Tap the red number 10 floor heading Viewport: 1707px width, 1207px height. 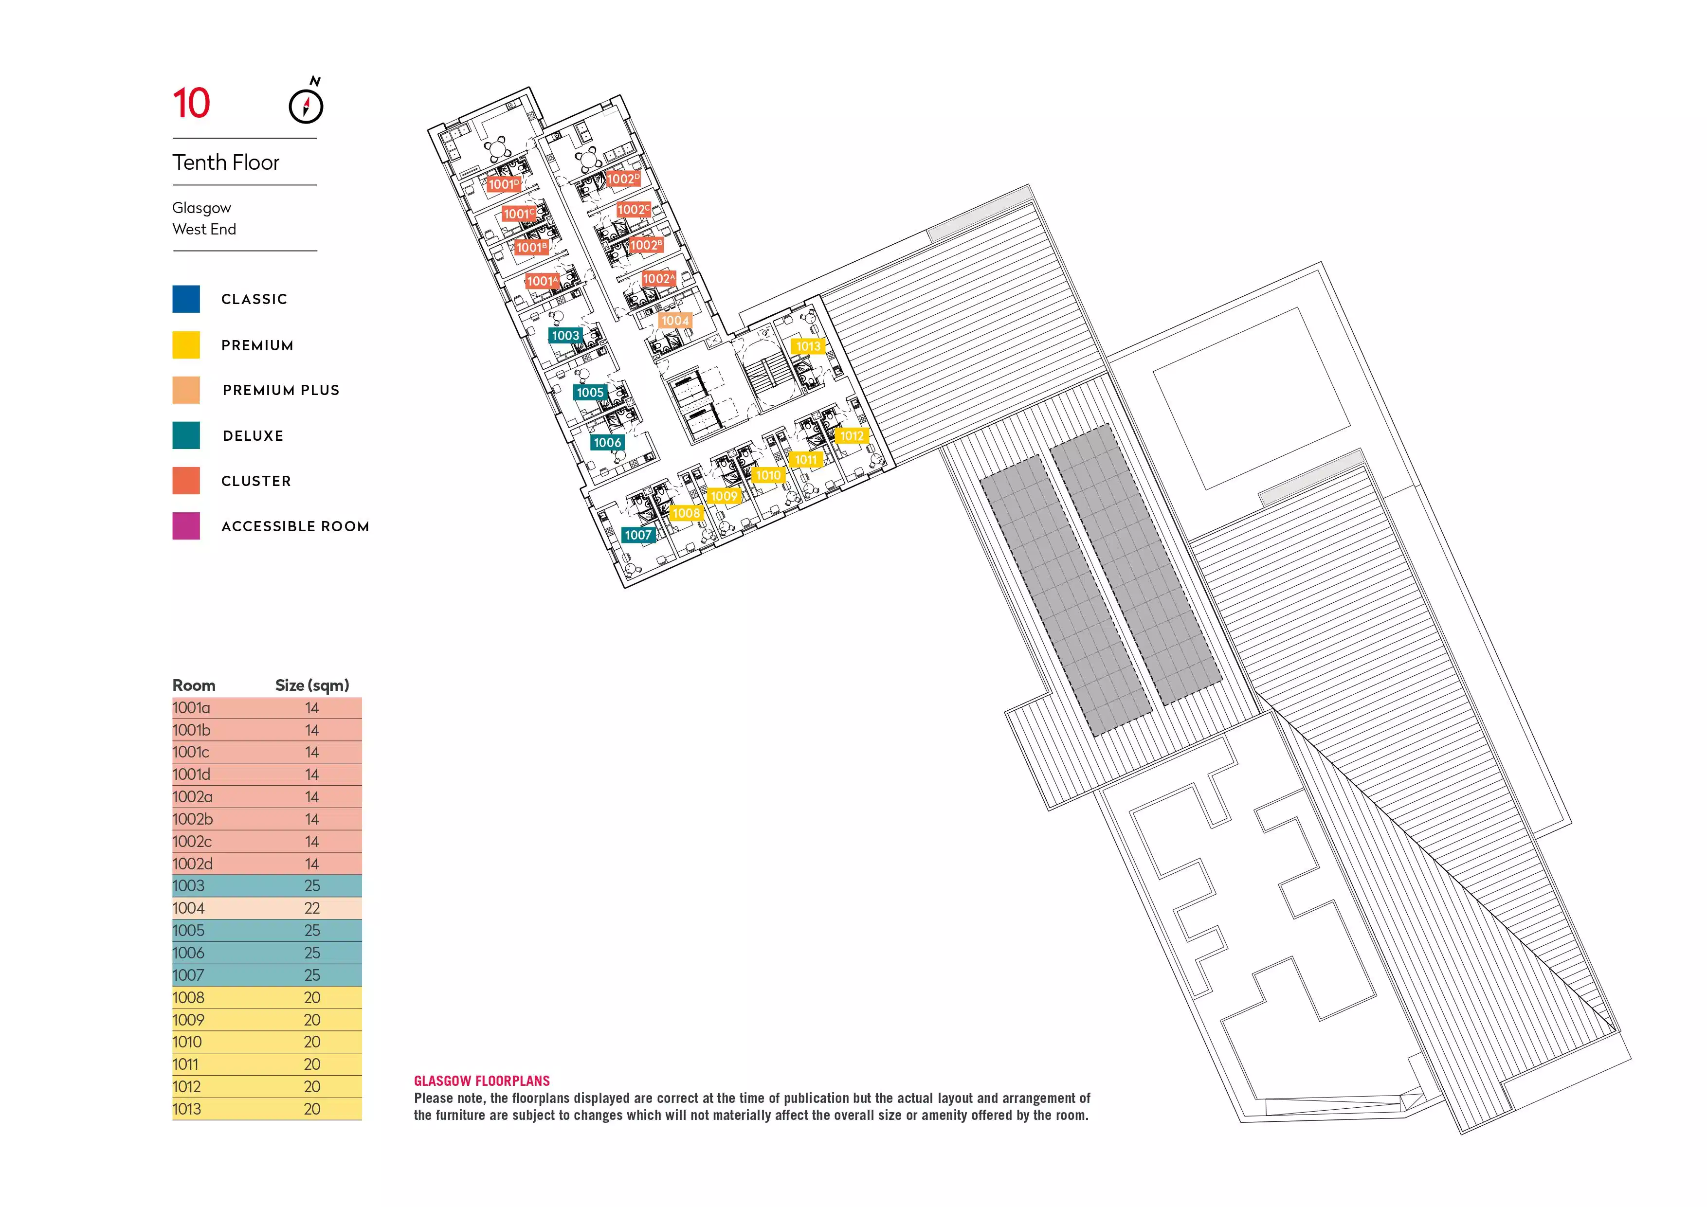(191, 103)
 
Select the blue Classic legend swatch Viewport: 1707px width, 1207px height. (186, 299)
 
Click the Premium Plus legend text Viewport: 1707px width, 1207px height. (281, 390)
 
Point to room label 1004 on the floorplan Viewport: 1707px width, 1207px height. (675, 320)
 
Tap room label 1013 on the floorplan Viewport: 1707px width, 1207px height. (808, 346)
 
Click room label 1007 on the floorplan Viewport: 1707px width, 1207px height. (638, 535)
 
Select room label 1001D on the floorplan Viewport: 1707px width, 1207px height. (503, 183)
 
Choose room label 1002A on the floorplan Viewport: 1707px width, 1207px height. (659, 279)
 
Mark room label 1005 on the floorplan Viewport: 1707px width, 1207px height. (590, 393)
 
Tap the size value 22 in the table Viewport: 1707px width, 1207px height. (312, 908)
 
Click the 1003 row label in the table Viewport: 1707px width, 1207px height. (188, 886)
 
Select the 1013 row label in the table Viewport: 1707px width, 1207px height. (186, 1109)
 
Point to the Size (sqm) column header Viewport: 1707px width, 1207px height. (312, 685)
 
